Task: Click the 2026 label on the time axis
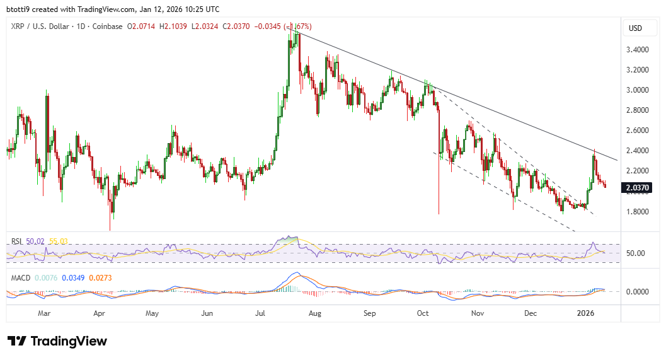pos(587,313)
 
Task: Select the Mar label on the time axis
pos(43,313)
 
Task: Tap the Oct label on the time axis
pos(423,313)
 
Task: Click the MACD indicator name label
pos(21,276)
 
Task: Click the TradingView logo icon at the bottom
pos(17,341)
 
